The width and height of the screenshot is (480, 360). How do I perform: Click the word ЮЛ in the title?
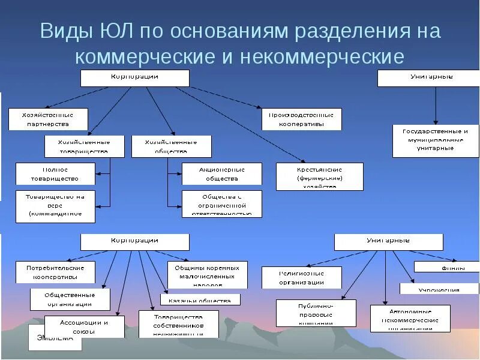point(118,31)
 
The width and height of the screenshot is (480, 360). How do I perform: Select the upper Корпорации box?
point(135,78)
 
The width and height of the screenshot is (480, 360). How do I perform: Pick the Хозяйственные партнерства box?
point(48,119)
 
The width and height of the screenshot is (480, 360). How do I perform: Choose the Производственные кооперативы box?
point(301,119)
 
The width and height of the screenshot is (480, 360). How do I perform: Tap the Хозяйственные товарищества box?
point(84,146)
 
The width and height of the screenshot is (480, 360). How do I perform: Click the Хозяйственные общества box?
point(172,146)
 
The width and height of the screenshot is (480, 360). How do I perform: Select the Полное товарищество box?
point(55,173)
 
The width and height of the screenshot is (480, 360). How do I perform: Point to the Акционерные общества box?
point(222,173)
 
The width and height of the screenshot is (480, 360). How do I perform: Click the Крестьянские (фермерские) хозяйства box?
point(319,177)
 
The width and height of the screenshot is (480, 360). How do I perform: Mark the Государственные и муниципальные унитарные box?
point(436,140)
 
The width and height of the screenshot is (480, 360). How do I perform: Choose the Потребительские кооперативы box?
point(55,272)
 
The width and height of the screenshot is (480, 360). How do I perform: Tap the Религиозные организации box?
point(301,277)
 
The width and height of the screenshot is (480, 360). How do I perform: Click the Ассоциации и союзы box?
point(84,326)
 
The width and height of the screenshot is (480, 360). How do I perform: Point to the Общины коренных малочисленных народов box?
point(207,274)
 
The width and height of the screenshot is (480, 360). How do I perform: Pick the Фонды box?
point(446,267)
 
